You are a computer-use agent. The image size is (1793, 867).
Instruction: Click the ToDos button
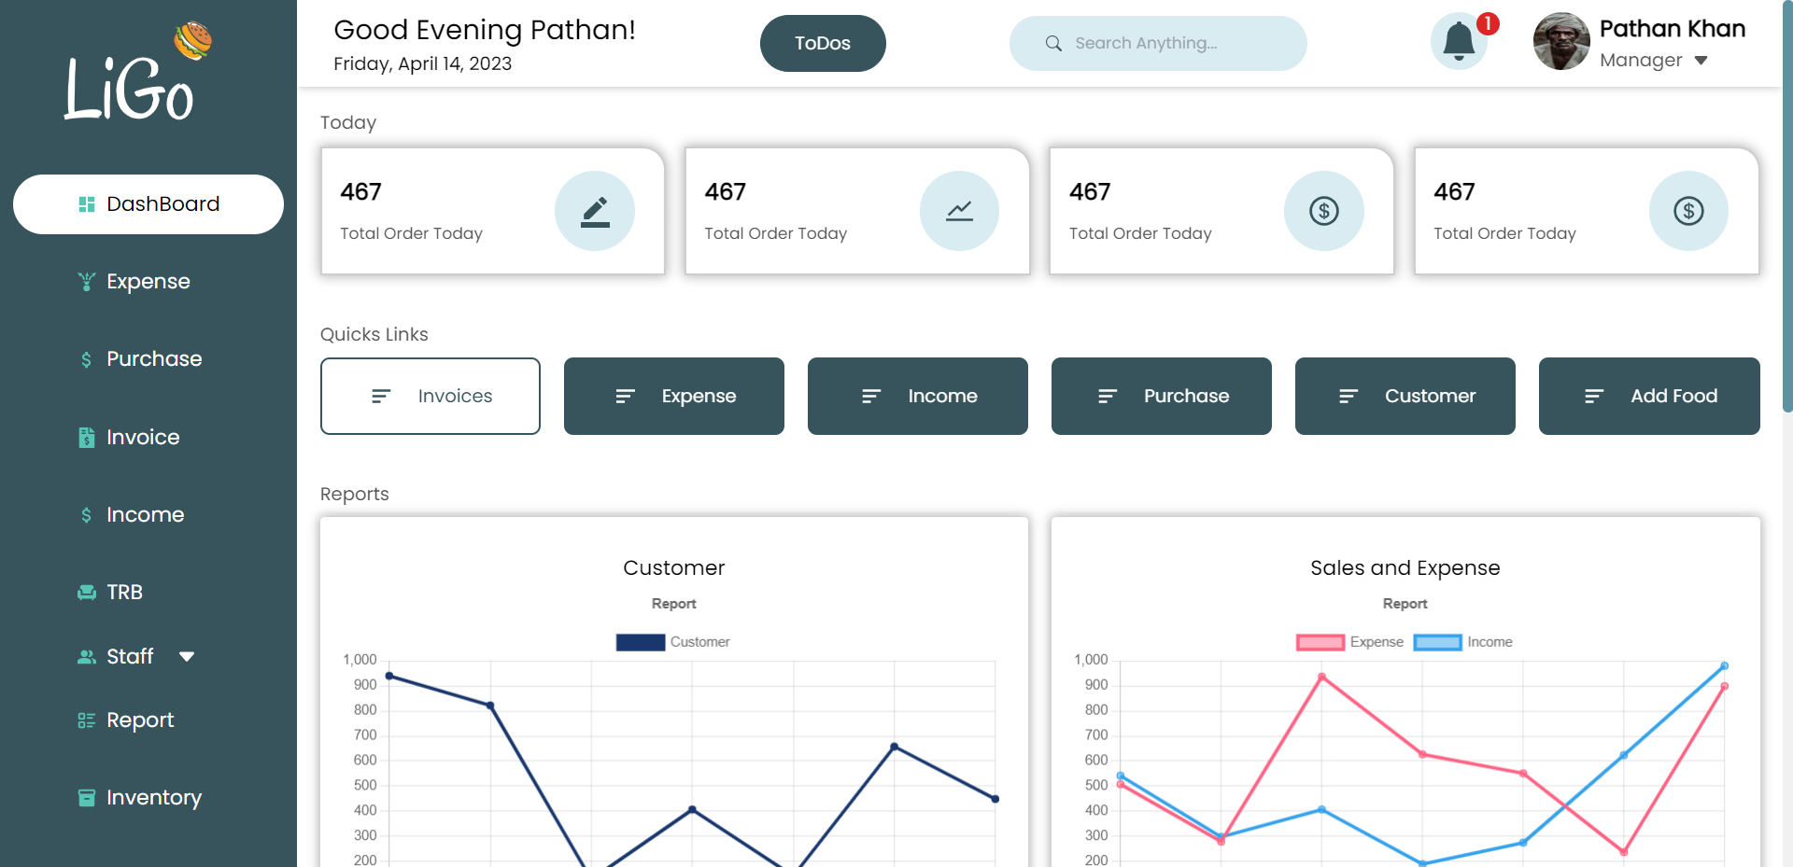tap(822, 44)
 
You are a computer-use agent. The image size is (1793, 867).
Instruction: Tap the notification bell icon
tap(1459, 42)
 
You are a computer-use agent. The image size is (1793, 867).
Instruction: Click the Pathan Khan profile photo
tap(1560, 42)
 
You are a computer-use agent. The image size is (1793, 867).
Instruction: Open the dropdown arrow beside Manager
tap(1701, 61)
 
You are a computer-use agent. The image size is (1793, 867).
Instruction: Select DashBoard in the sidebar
tap(148, 204)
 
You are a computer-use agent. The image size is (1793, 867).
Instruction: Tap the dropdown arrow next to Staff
tap(187, 657)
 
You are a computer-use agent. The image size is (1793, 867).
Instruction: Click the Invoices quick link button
tap(431, 397)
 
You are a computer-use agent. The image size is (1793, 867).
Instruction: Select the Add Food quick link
tap(1649, 397)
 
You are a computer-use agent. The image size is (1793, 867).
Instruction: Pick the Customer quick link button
tap(1405, 397)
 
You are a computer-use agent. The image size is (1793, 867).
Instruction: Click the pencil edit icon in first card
tap(595, 212)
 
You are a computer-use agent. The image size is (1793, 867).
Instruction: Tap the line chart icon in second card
tap(959, 212)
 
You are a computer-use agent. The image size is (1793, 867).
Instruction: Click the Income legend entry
tap(1462, 642)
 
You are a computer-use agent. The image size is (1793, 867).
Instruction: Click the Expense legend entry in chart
tap(1349, 642)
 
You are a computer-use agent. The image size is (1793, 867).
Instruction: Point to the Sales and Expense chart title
tap(1405, 568)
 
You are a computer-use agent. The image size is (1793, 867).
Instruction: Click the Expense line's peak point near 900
tap(1321, 677)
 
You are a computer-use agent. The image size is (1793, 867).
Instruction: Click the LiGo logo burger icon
tap(192, 40)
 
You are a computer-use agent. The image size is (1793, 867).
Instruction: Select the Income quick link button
tap(918, 397)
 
